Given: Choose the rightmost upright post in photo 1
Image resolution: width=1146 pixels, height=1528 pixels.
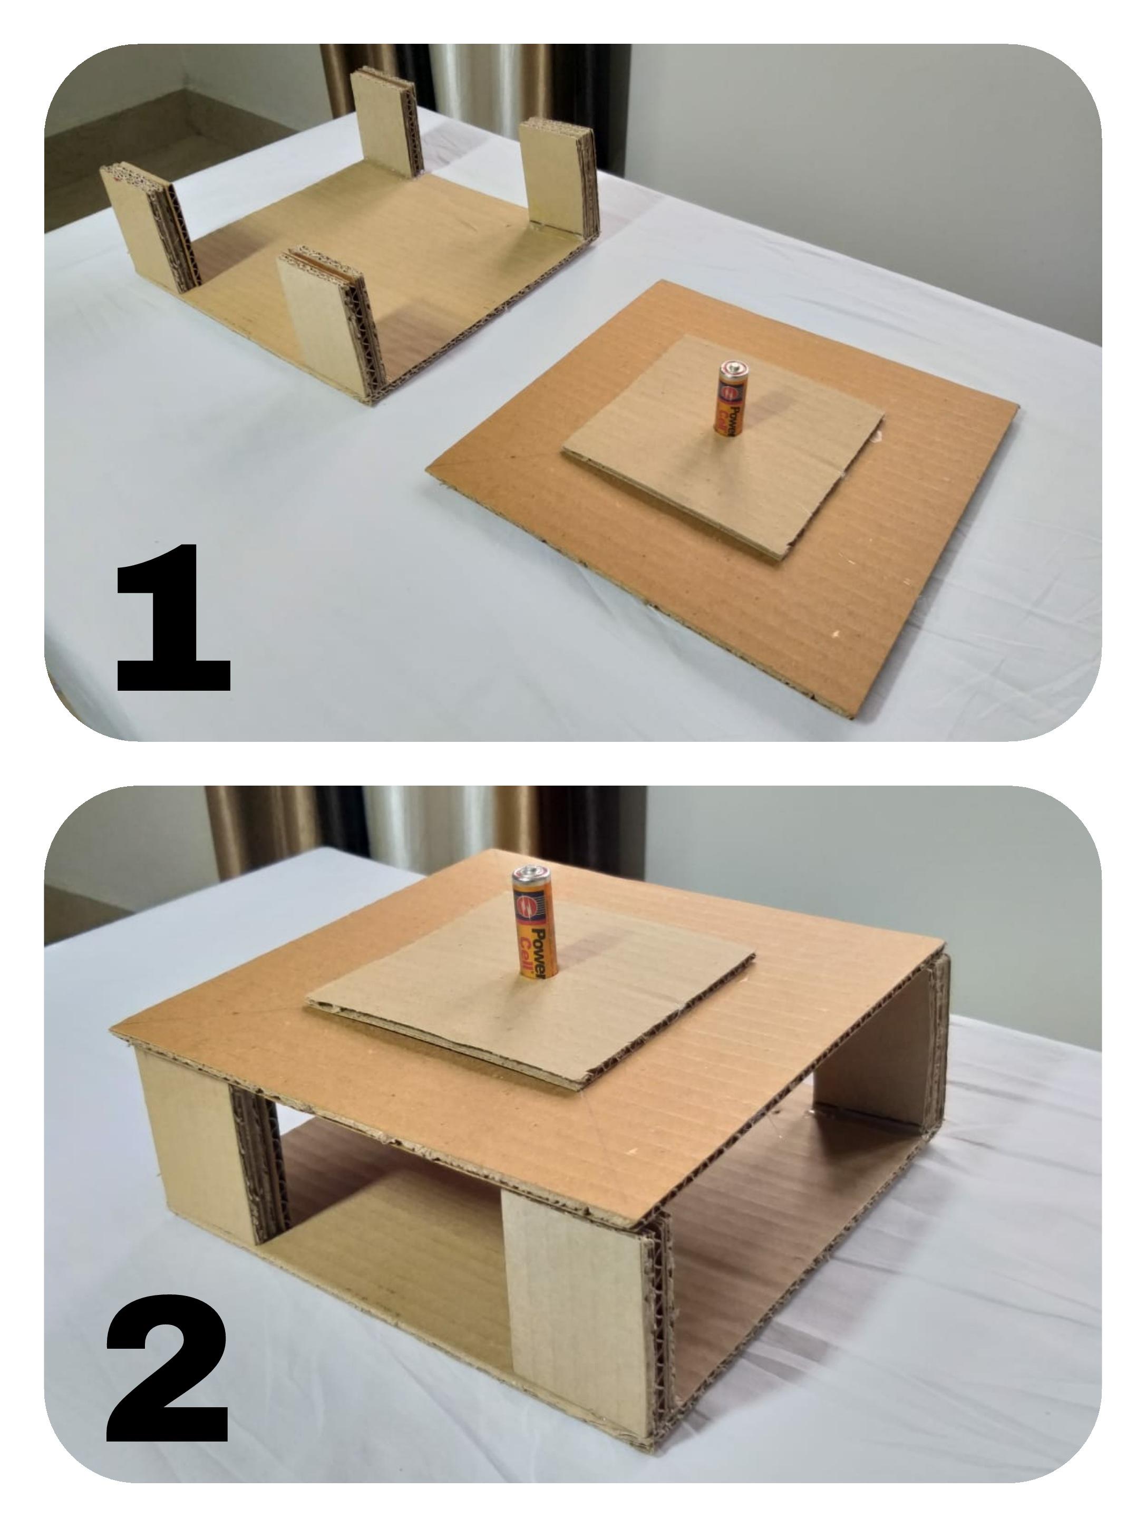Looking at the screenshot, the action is click(x=557, y=176).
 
